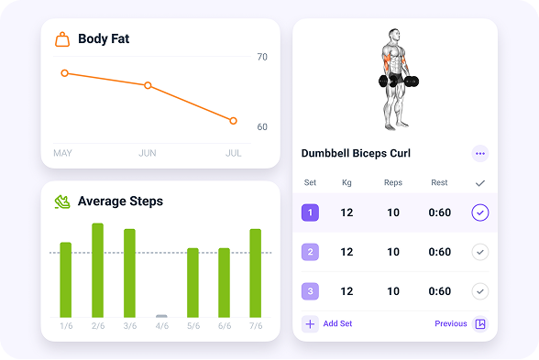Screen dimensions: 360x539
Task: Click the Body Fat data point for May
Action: point(64,73)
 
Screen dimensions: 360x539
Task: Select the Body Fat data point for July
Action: point(234,121)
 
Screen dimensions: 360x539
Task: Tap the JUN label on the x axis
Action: point(148,153)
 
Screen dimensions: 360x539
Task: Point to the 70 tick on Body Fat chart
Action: point(262,57)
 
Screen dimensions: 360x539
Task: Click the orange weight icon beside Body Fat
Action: point(62,39)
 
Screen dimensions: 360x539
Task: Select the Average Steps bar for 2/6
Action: point(97,269)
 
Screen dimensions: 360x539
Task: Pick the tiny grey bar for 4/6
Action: point(161,316)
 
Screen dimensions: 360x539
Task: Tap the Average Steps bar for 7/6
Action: point(256,272)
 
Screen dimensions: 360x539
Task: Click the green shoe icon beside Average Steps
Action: point(62,202)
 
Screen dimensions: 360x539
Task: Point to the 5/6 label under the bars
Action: point(192,326)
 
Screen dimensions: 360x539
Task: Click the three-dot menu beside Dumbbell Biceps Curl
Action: point(480,154)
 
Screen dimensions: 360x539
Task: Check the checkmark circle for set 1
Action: point(480,213)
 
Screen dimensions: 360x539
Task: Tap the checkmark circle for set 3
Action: point(480,291)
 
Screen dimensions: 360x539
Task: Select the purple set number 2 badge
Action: point(310,252)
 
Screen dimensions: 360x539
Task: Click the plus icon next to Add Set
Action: point(310,323)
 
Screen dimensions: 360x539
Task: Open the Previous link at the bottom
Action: point(451,323)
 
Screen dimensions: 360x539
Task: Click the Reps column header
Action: point(393,183)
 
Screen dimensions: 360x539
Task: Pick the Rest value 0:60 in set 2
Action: point(440,252)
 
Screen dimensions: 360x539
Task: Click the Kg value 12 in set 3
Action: point(346,291)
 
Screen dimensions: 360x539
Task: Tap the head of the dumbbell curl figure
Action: point(395,36)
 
